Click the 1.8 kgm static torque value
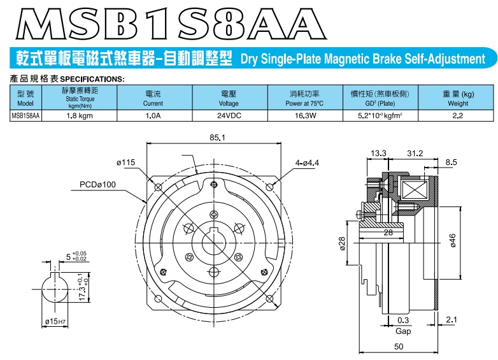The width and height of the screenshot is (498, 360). pyautogui.click(x=80, y=116)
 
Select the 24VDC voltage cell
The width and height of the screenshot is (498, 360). pyautogui.click(x=229, y=116)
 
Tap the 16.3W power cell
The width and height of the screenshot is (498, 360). pyautogui.click(x=305, y=116)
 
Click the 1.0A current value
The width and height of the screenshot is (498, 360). pyautogui.click(x=153, y=116)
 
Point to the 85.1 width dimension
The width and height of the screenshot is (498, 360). pyautogui.click(x=217, y=138)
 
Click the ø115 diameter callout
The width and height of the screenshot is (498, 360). pyautogui.click(x=125, y=162)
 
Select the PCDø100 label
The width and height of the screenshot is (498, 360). pyautogui.click(x=97, y=185)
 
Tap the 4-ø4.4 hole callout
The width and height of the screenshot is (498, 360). pyautogui.click(x=307, y=163)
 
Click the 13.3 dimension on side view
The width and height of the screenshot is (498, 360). pyautogui.click(x=378, y=153)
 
